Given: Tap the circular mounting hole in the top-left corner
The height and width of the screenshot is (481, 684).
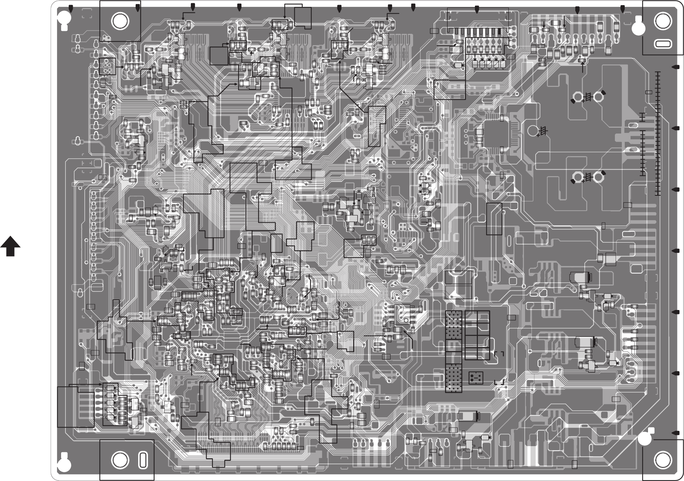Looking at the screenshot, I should point(120,21).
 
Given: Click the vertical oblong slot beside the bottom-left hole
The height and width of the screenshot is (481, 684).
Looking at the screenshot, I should point(143,460).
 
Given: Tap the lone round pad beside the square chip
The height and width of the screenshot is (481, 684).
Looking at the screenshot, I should point(533,130).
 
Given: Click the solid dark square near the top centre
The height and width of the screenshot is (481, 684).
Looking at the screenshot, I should point(219,56).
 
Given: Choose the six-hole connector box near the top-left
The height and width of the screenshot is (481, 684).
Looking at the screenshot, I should point(107,66).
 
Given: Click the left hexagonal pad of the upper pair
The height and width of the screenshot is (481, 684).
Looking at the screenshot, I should point(577,97).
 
